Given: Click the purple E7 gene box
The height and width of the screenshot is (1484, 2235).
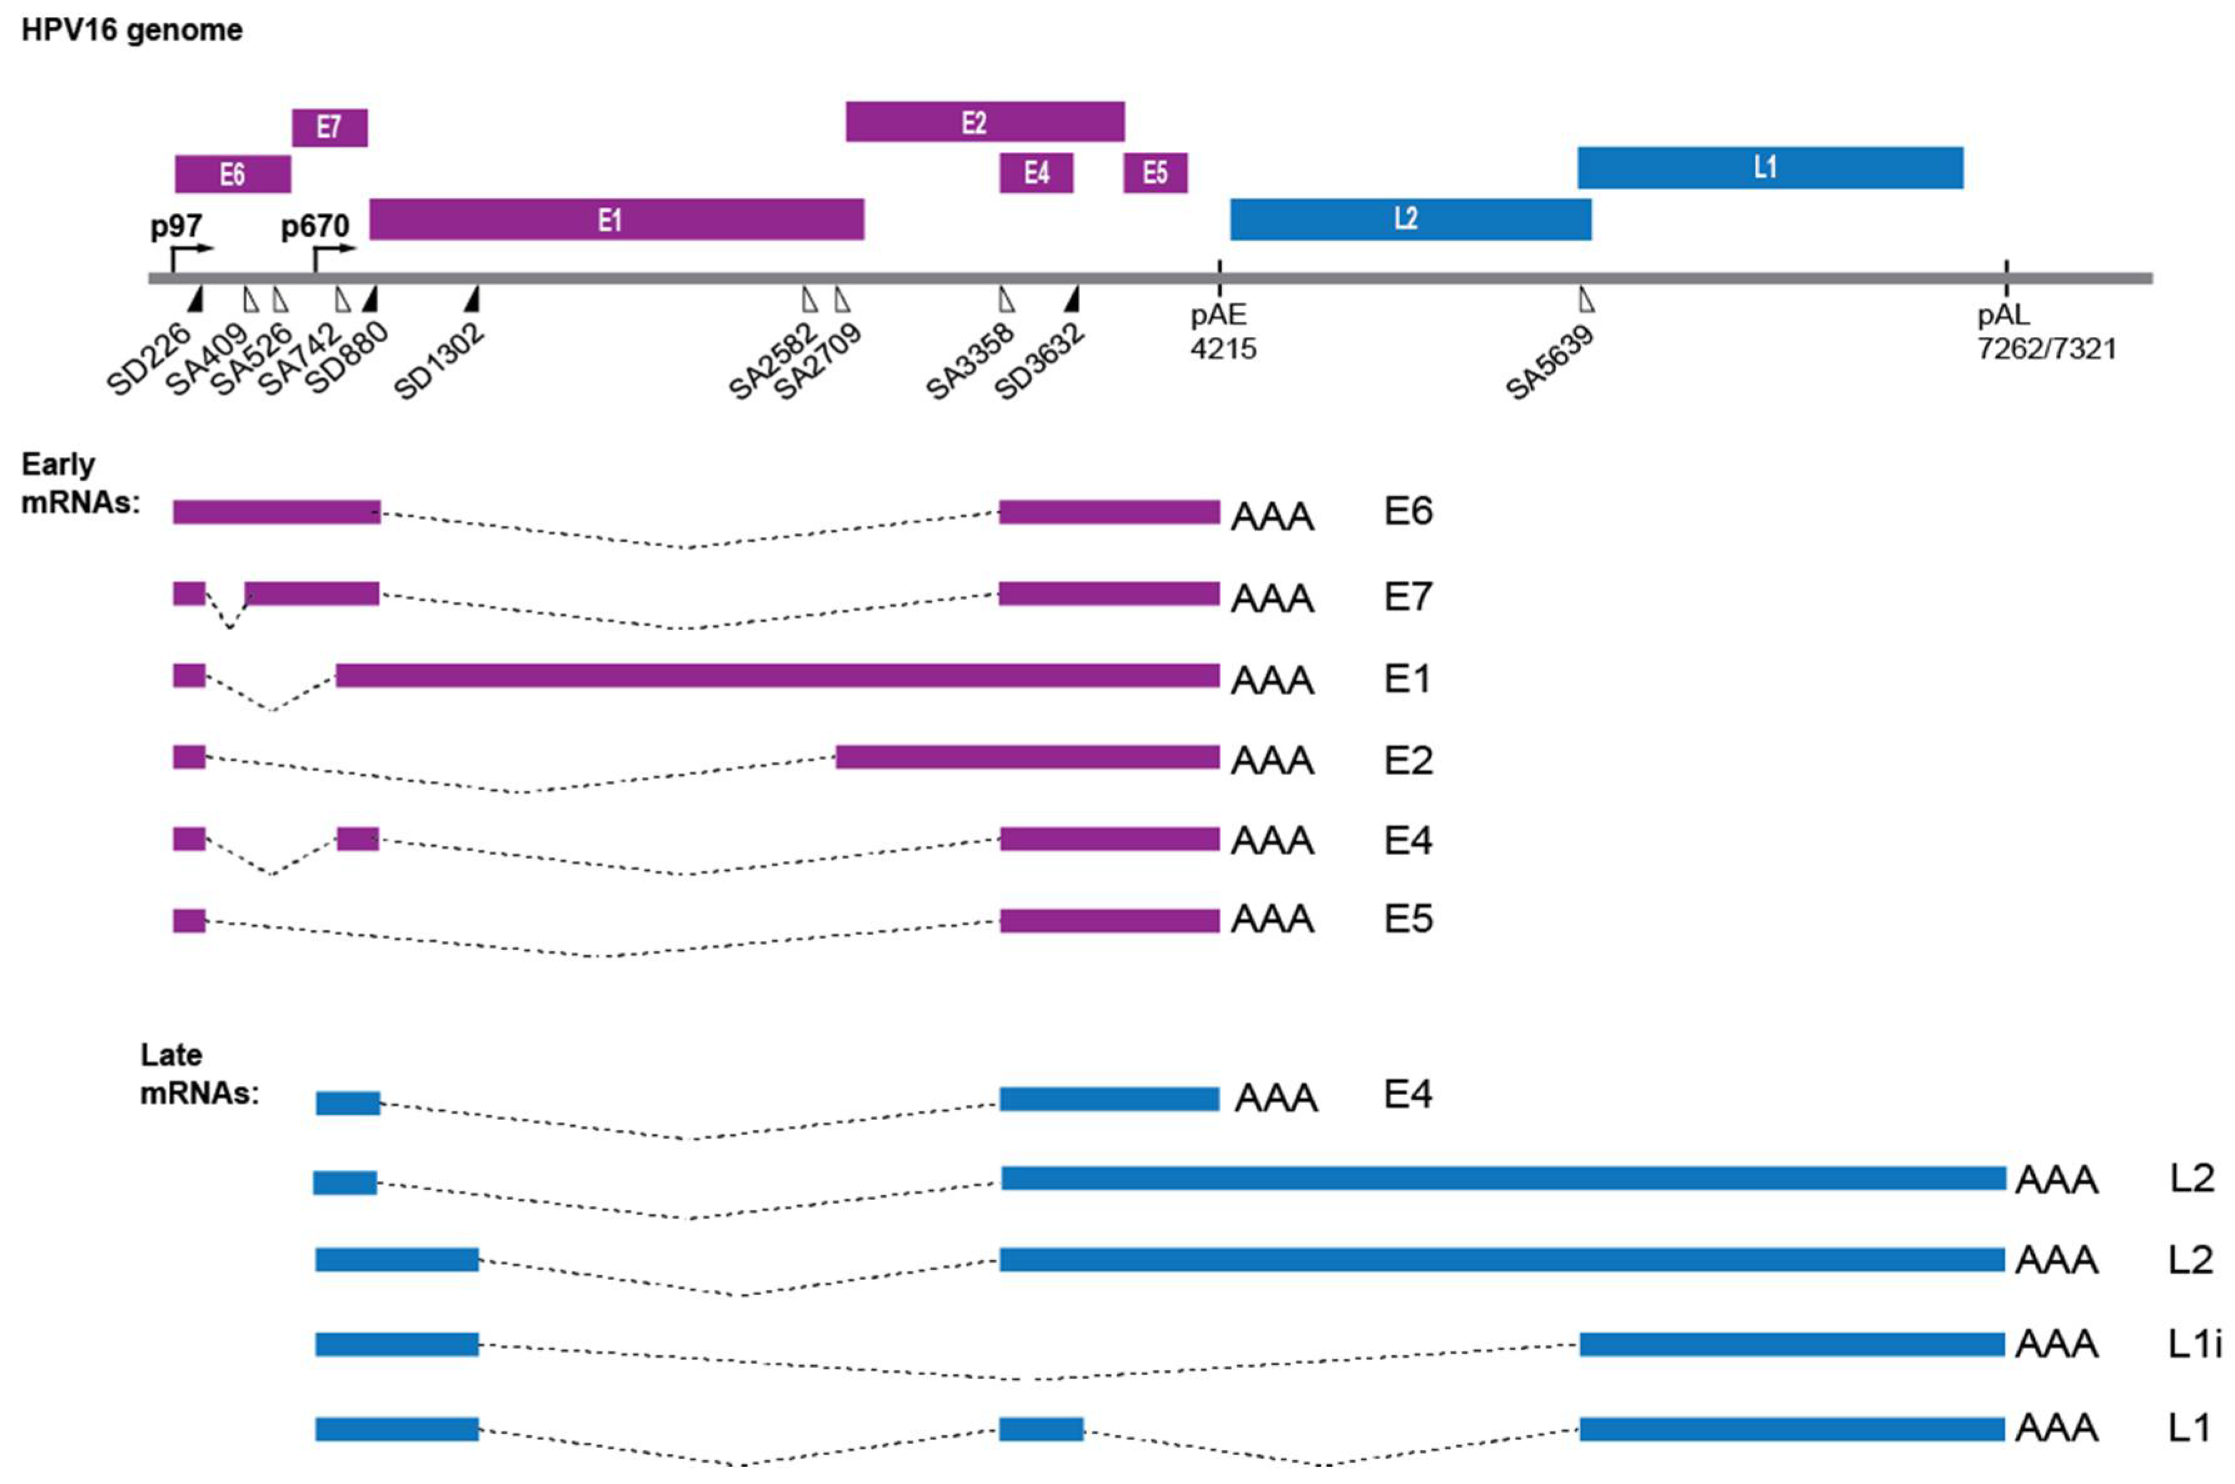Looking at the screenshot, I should point(329,128).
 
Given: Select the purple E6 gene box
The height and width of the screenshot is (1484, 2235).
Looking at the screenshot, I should point(233,174).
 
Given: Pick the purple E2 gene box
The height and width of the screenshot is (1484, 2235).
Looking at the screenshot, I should point(985,122).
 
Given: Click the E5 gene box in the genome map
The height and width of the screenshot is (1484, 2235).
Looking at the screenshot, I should point(1155,173).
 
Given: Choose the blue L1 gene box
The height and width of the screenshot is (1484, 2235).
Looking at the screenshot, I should point(1769,168).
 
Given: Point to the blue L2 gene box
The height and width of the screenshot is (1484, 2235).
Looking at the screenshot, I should point(1410,219).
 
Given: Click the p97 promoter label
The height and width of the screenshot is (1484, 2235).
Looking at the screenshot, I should point(176,227).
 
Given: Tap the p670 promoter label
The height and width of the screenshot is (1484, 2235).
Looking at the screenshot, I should point(314,227).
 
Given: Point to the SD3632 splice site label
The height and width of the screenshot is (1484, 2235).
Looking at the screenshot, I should point(1040,363).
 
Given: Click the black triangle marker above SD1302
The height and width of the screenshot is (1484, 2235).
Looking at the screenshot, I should point(473,298).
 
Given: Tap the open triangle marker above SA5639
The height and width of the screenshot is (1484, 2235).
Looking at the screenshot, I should point(1587,300).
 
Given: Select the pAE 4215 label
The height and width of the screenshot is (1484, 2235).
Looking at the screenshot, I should point(1222,332).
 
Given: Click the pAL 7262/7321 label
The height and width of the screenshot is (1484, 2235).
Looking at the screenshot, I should point(2046,332).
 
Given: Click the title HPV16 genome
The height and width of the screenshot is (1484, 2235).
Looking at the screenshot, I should point(133,30).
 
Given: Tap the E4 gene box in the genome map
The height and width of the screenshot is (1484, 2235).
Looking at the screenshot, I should point(1037,173).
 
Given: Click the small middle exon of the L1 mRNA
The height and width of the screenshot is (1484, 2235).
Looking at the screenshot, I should point(1042,1429).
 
